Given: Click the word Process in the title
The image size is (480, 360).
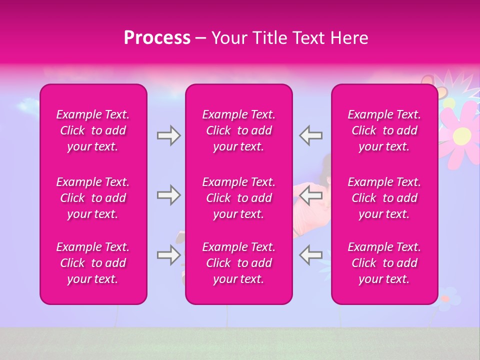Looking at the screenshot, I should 157,38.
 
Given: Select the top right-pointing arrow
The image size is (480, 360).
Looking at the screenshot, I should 168,135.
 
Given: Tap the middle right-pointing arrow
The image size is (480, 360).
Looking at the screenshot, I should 168,195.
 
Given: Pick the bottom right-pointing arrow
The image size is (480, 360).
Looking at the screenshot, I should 168,255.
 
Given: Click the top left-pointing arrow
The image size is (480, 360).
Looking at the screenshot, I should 310,135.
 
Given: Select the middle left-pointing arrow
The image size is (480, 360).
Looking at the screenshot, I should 310,195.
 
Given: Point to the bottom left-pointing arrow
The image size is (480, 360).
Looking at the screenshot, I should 310,255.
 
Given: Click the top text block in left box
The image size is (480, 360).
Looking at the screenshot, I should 93,130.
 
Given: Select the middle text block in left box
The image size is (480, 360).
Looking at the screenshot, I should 93,198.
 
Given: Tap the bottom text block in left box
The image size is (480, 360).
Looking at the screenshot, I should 93,263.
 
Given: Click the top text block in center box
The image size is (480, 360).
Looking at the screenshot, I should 239,130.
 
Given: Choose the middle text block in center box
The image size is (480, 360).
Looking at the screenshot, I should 239,198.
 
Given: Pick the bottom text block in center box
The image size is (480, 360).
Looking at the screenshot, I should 239,263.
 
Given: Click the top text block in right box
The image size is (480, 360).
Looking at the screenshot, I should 384,130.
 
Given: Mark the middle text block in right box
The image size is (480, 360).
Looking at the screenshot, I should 384,198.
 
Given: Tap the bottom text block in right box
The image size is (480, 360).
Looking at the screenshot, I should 384,263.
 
